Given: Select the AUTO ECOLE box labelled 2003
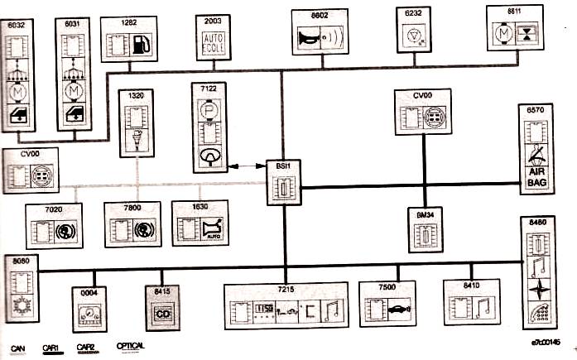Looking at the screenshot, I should [x=214, y=39].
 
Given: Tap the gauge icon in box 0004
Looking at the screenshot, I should [x=91, y=314].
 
